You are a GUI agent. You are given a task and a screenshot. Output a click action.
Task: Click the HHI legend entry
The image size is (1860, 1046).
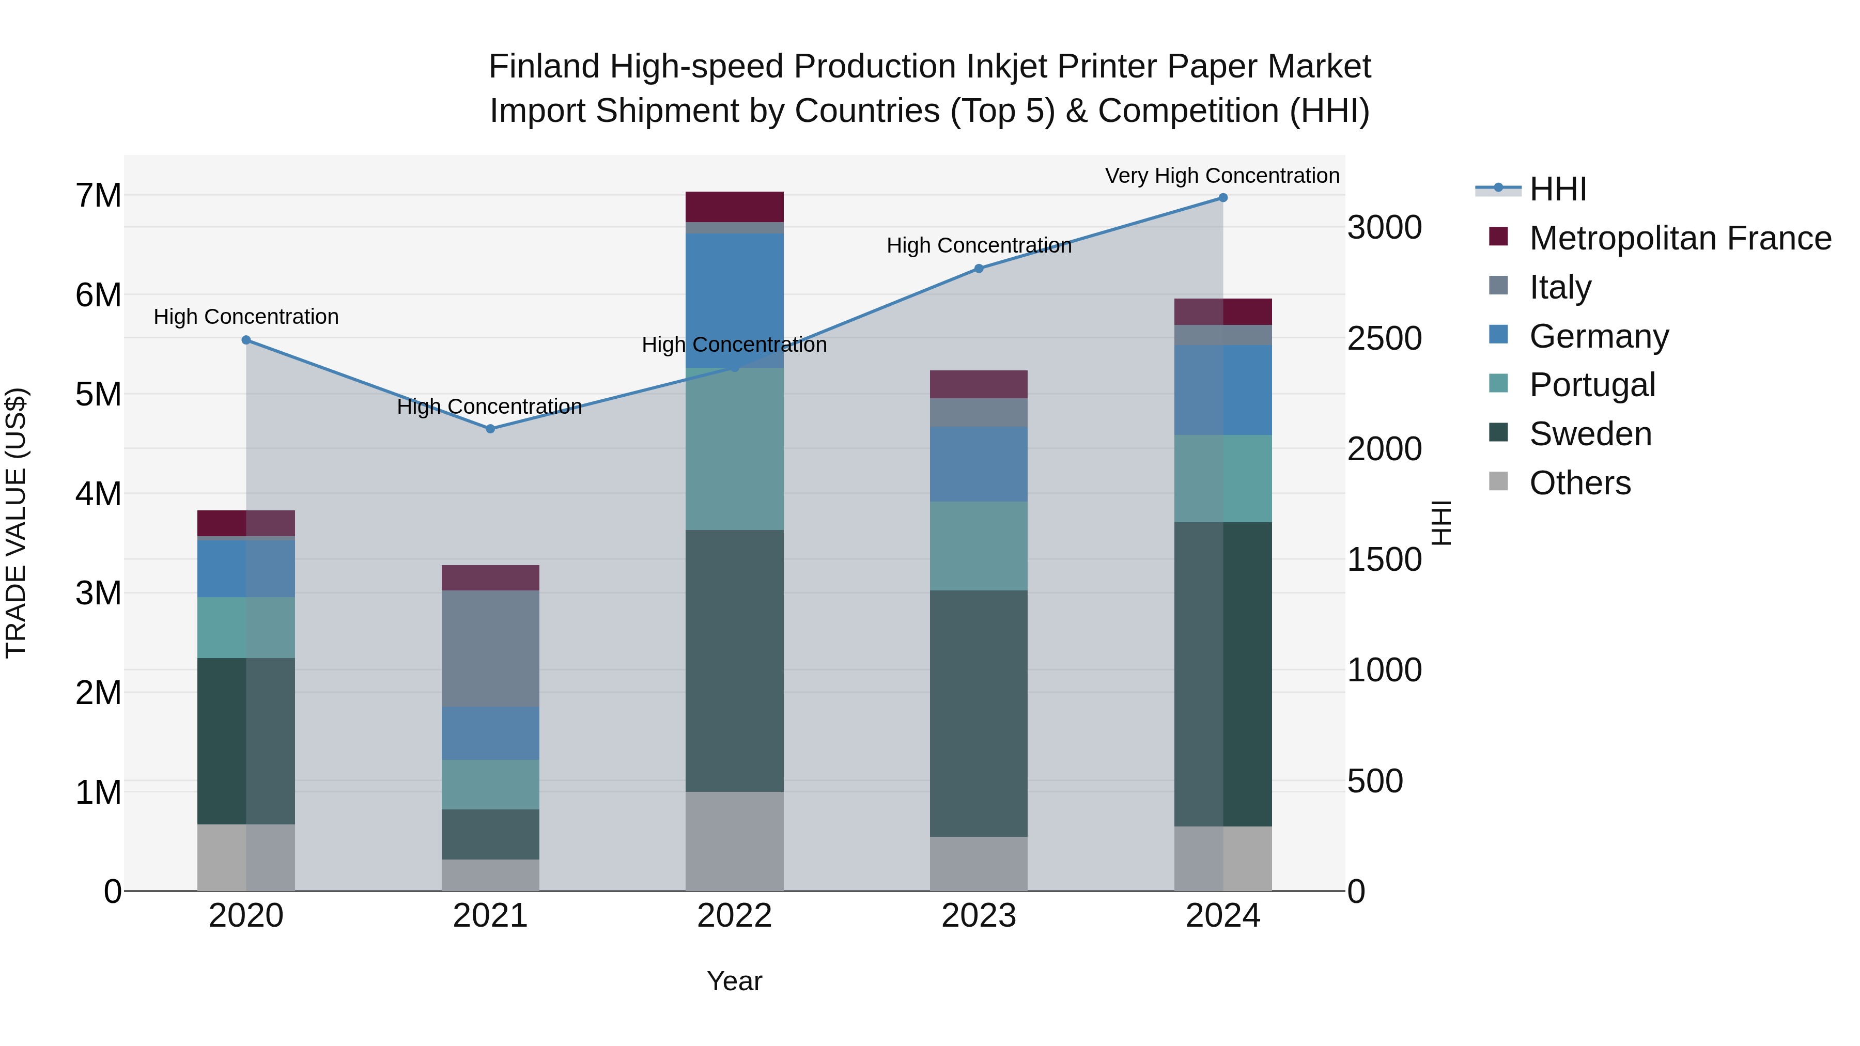1557,189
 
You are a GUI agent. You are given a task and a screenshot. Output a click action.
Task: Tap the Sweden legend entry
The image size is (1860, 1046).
1590,434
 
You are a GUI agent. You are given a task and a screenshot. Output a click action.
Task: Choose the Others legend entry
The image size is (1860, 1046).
1580,483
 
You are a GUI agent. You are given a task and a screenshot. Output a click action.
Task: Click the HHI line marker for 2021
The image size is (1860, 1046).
490,429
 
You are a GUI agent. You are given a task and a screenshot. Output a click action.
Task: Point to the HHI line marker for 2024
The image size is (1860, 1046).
1222,198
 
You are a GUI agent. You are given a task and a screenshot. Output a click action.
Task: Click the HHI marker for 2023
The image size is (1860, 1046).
979,269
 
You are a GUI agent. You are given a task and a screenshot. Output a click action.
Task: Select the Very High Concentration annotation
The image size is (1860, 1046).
1222,176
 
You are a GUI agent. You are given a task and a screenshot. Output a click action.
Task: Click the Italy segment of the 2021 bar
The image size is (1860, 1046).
490,648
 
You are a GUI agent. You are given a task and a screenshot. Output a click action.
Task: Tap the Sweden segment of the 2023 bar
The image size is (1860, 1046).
979,713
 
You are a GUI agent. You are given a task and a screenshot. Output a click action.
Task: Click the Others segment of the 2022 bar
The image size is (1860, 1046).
734,841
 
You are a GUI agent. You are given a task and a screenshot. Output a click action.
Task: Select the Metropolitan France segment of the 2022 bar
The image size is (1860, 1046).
734,207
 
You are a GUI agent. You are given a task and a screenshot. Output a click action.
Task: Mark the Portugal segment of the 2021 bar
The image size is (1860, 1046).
490,785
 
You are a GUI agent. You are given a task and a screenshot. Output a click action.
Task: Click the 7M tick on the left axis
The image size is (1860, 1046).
98,196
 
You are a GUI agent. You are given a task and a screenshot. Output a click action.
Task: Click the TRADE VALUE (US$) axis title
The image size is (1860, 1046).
16,523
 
